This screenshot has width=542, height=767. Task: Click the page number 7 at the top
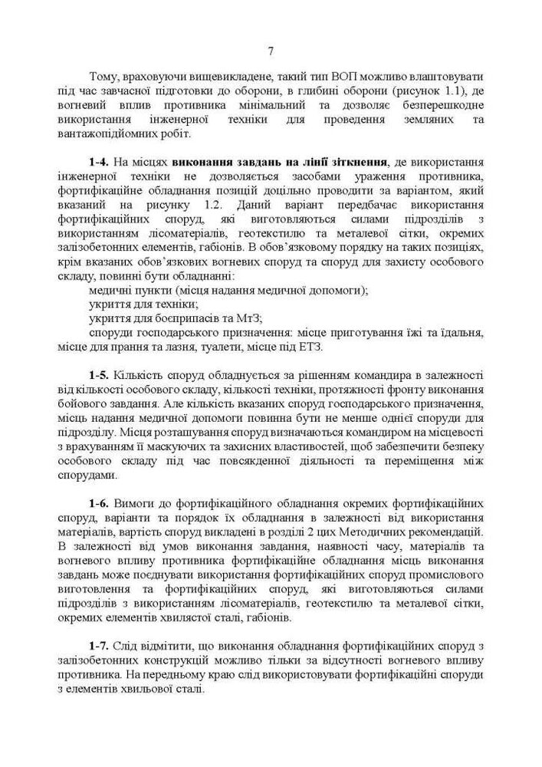click(x=271, y=51)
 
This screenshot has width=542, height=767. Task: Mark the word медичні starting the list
click(x=113, y=290)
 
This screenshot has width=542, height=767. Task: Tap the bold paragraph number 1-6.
click(x=100, y=503)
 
